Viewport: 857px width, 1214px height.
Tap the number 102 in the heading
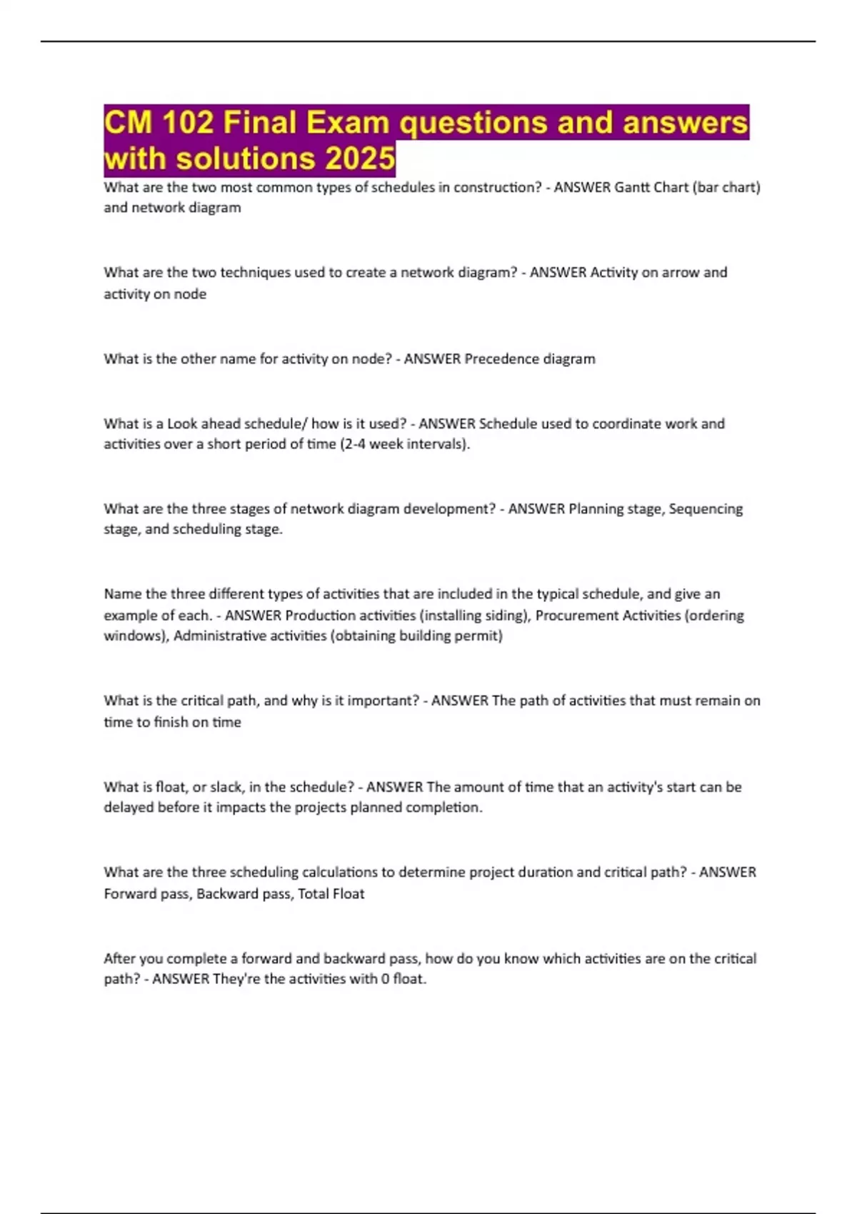coord(188,123)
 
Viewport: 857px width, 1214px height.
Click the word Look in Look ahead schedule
coord(182,423)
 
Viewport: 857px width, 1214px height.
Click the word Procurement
coord(576,616)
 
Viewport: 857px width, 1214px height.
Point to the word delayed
coord(129,808)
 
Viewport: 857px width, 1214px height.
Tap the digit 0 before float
coord(385,979)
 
